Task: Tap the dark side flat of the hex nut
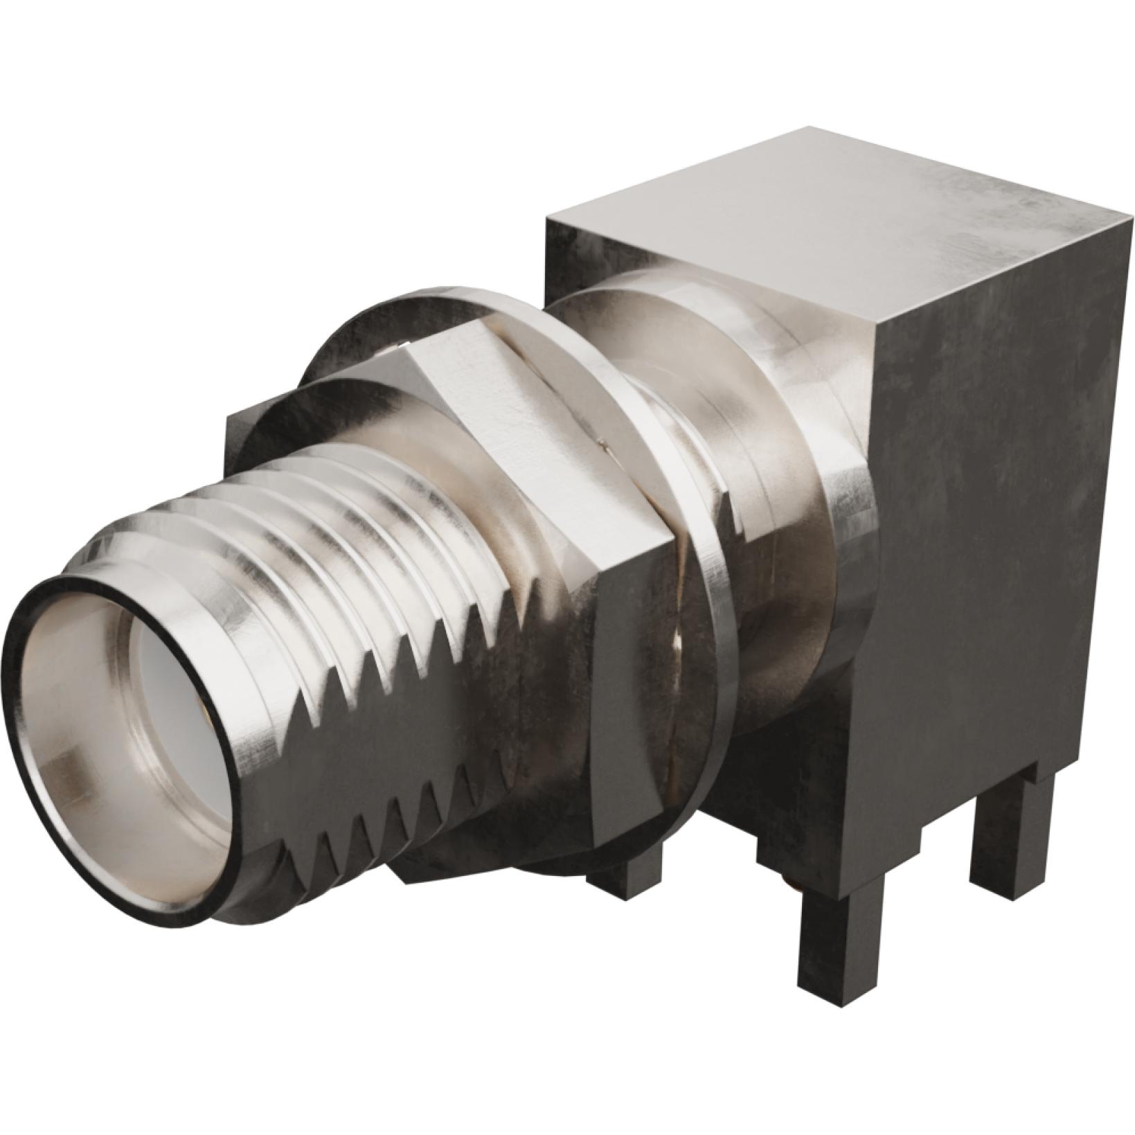click(x=623, y=692)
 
